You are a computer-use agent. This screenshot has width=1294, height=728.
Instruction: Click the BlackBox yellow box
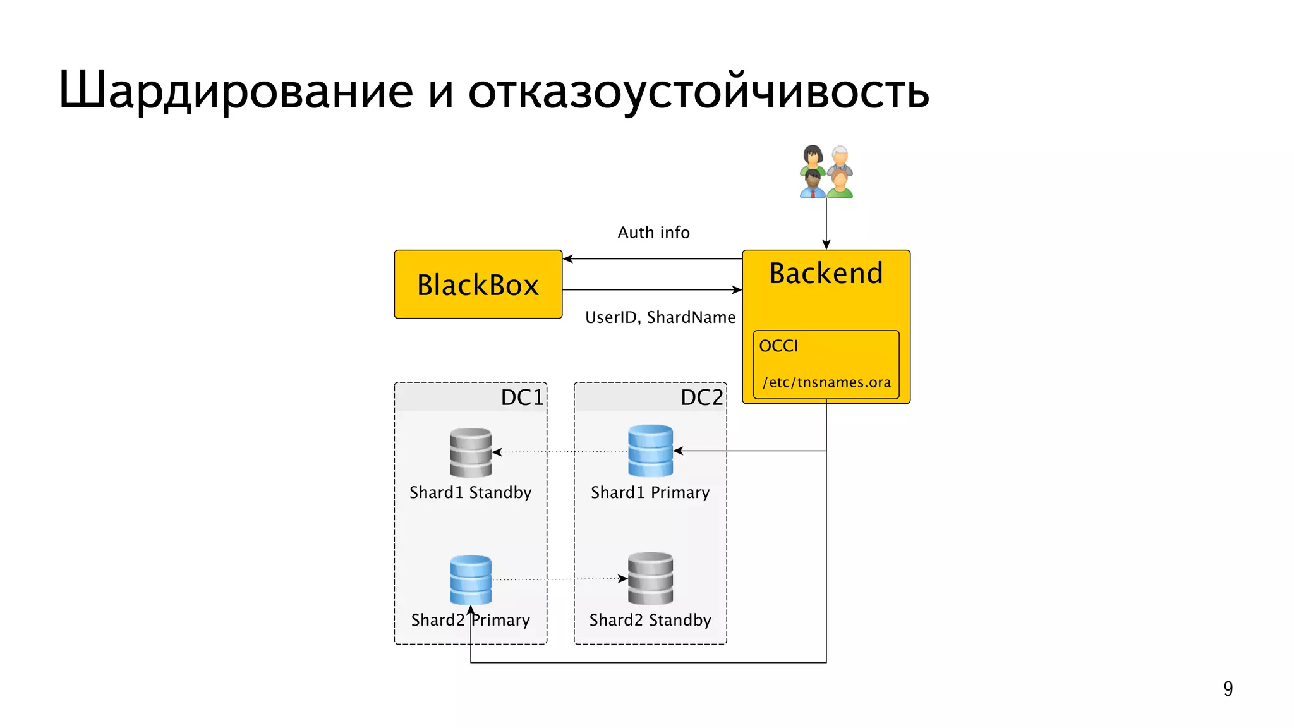coord(478,284)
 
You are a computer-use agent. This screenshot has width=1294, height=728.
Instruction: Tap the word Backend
coord(826,274)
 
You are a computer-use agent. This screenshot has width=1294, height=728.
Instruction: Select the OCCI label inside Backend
coord(778,346)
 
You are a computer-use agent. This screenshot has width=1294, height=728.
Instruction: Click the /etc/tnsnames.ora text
coord(826,382)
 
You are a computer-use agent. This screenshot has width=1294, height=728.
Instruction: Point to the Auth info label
coord(653,233)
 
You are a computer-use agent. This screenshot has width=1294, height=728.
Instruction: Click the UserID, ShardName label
coord(660,317)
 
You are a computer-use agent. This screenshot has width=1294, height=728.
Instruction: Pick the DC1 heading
coord(522,397)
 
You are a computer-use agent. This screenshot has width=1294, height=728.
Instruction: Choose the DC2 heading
coord(701,397)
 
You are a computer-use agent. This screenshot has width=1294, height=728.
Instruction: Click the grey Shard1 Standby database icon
coord(471,452)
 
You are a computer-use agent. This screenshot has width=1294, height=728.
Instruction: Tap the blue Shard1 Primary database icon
coord(650,451)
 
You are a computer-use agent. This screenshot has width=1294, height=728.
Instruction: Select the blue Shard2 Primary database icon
coord(471,579)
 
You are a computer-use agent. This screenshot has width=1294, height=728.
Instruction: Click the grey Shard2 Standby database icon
coord(650,578)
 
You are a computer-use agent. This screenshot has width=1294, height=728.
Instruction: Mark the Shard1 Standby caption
coord(471,492)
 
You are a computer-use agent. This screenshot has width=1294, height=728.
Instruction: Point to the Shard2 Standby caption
coord(650,620)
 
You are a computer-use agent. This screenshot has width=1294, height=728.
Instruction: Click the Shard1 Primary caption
coord(650,492)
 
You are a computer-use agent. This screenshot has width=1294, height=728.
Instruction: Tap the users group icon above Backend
coord(826,172)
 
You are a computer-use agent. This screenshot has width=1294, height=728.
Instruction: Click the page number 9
coord(1228,688)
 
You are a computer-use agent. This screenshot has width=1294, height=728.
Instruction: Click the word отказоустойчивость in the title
coord(698,90)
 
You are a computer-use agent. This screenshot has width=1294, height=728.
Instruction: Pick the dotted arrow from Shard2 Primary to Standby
coord(559,579)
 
